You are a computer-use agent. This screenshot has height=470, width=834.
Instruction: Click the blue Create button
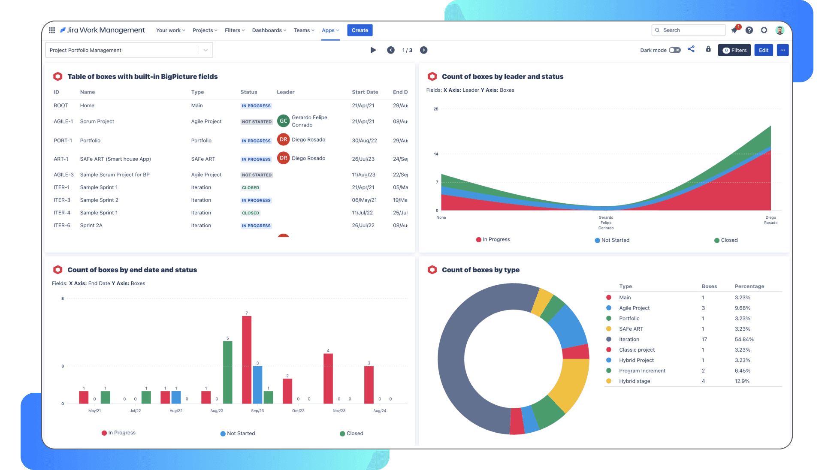[x=360, y=30]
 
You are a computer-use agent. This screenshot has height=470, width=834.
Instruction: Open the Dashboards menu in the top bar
[x=269, y=30]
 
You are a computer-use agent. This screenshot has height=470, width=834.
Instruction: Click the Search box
[x=689, y=30]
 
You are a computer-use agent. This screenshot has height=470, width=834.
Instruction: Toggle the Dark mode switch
[x=674, y=50]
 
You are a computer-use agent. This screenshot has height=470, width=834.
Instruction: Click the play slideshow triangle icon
[x=373, y=50]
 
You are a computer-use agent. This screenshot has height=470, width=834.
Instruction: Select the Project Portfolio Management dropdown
[x=129, y=50]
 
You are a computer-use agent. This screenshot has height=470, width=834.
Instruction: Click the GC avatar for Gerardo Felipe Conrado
[x=283, y=121]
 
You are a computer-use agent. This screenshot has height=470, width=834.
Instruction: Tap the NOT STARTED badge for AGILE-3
[x=257, y=175]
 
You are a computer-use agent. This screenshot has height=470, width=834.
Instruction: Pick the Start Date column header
[x=365, y=92]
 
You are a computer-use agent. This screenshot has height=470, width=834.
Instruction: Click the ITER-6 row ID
[x=62, y=226]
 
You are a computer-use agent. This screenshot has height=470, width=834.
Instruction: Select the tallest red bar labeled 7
[x=247, y=359]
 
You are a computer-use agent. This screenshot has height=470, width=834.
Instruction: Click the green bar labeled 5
[x=227, y=372]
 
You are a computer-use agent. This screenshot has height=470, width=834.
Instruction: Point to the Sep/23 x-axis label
[x=257, y=411]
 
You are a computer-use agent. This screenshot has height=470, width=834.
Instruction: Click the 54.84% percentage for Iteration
[x=744, y=340]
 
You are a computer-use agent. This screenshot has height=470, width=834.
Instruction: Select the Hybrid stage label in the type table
[x=634, y=381]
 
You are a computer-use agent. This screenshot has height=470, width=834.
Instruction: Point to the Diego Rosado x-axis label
[x=771, y=220]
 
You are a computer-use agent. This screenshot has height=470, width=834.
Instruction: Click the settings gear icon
[x=764, y=30]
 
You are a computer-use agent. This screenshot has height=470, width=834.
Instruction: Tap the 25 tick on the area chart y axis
[x=436, y=109]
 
